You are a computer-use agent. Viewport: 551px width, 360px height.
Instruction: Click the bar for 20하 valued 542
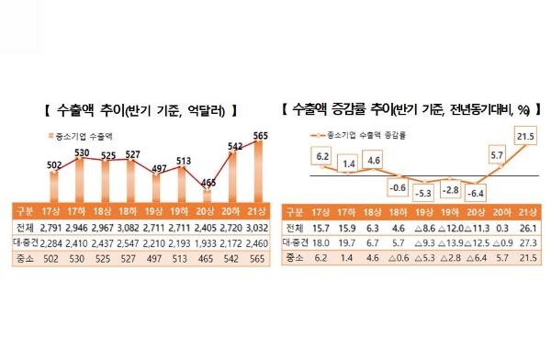(x=232, y=174)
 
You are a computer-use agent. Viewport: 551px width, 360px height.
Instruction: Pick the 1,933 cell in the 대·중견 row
(x=208, y=243)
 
